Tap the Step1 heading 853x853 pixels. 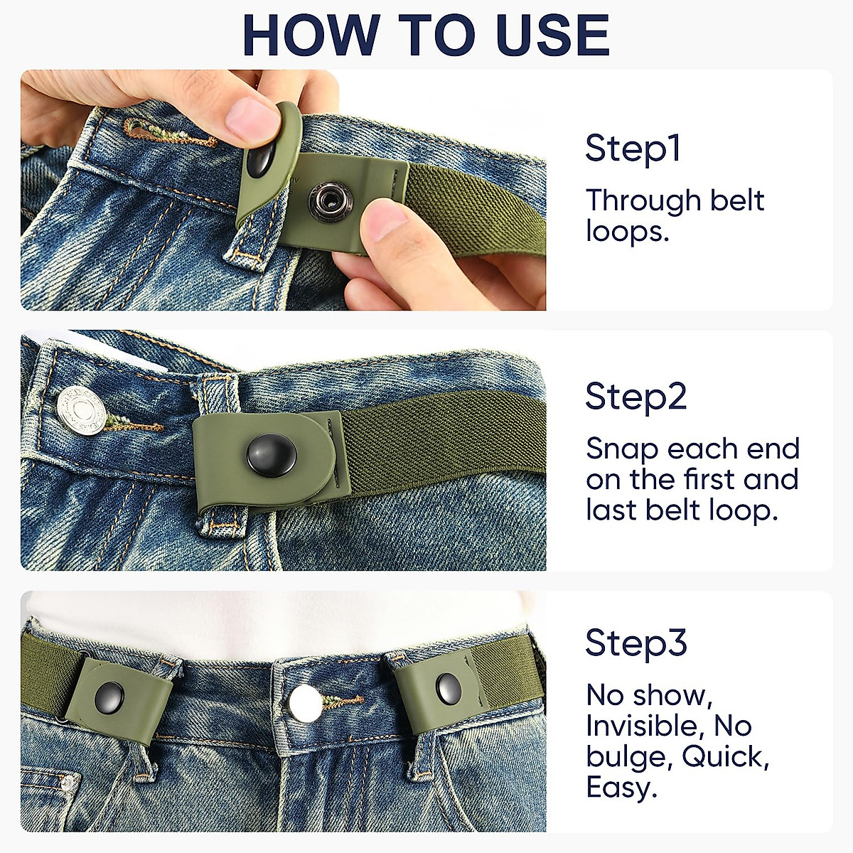(633, 149)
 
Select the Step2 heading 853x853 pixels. (636, 396)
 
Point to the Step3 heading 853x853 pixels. (636, 643)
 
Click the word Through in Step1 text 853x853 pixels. (632, 201)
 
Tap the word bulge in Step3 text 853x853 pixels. (627, 758)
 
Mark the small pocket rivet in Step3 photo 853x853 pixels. (68, 783)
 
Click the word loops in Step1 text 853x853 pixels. (627, 232)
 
